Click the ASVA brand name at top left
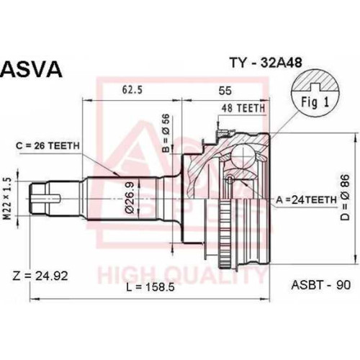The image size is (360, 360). point(32,69)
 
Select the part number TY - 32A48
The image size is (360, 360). point(266,63)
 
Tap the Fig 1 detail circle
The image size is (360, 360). point(315,93)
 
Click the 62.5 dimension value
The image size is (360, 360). point(132,90)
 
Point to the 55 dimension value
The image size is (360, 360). point(225,91)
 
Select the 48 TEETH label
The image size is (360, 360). point(243,108)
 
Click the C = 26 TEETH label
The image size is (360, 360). point(48,145)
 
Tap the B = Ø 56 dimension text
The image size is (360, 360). point(166,133)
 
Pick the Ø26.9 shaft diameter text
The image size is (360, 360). point(130,197)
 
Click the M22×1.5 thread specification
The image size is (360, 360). point(8,199)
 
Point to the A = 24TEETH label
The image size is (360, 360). point(306,199)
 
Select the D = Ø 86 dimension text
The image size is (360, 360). point(345,197)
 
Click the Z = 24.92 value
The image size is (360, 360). point(40,276)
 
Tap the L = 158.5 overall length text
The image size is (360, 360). point(150,287)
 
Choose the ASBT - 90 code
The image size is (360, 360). point(321,285)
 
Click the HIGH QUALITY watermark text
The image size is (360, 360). point(181,276)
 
